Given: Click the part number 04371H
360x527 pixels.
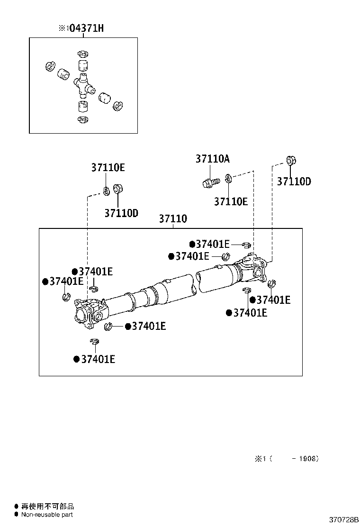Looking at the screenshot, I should (x=85, y=28).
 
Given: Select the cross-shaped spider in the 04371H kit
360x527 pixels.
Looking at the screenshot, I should (x=83, y=85).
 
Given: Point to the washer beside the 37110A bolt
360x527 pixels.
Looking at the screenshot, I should (x=229, y=178).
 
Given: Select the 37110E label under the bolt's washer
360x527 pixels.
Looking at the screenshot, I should (x=231, y=201).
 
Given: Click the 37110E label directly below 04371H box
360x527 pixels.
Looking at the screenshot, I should (x=108, y=168).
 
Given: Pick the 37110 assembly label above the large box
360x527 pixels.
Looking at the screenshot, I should (x=173, y=219).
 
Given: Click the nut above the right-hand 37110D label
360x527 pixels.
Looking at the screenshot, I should (x=291, y=160).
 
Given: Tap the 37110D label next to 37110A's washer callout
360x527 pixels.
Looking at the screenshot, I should (x=294, y=182).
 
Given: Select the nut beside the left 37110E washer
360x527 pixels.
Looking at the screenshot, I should (x=118, y=189).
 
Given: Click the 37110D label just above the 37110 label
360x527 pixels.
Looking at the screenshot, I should (x=121, y=213).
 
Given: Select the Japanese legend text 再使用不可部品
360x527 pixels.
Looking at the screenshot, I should (x=48, y=507).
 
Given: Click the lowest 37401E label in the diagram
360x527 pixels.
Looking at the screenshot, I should (x=98, y=359).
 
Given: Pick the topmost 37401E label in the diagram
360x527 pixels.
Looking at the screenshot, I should (x=212, y=244).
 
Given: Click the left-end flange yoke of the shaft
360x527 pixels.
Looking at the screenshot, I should (x=88, y=313).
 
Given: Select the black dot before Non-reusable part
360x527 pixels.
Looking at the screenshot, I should (x=17, y=515).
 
